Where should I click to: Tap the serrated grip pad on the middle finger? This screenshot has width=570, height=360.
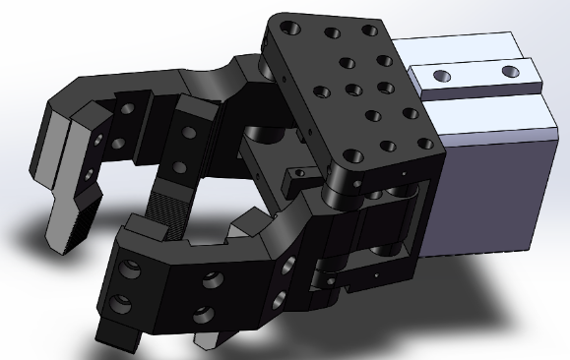tap(160, 210)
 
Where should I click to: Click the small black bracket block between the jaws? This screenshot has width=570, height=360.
tap(296, 178)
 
